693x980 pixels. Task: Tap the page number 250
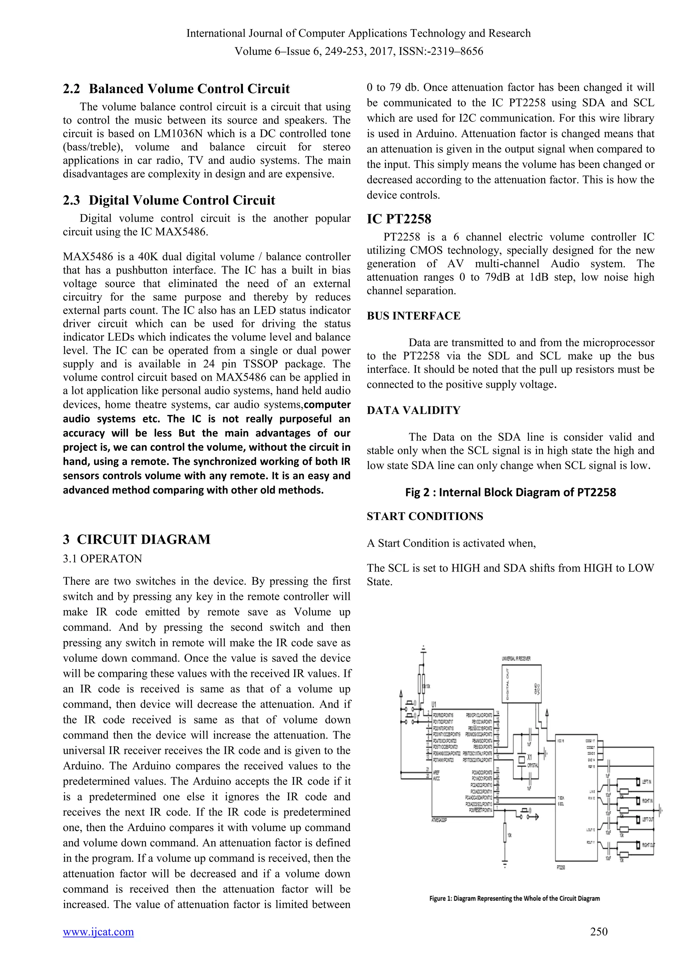pos(599,931)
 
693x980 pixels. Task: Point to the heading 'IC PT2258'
pos(399,219)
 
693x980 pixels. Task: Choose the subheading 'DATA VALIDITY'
pos(413,410)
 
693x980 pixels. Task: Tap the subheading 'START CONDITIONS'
pos(425,516)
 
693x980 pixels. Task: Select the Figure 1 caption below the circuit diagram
pos(514,898)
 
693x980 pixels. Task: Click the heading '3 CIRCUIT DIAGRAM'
pos(137,539)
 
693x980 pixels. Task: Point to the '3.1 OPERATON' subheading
pos(103,559)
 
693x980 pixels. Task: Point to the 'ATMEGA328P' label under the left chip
pos(440,820)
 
